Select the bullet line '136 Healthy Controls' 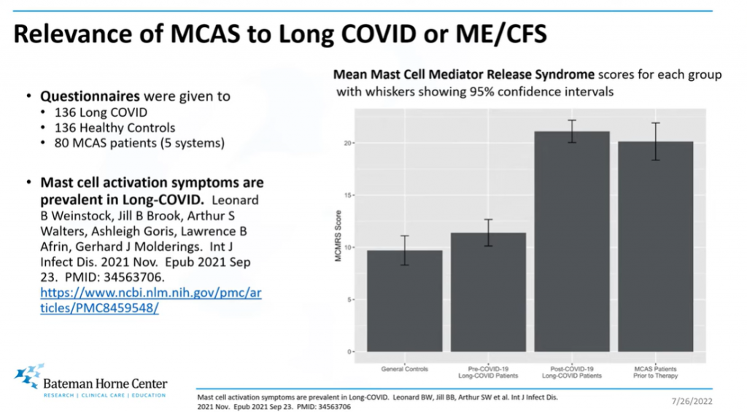[115, 128]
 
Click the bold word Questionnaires [90, 96]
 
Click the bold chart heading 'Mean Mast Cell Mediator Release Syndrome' [464, 75]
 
